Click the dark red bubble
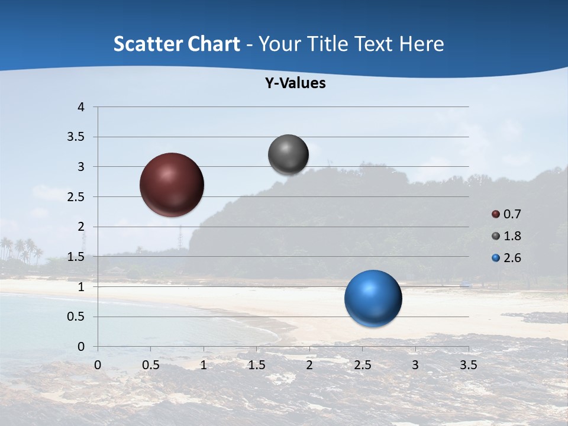pos(172,185)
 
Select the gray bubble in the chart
pos(289,155)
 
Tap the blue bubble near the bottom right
pos(373,298)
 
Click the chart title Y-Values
pos(295,83)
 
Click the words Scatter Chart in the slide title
pos(177,44)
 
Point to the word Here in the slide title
pos(421,44)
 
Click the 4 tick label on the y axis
pos(81,107)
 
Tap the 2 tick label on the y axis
pos(81,227)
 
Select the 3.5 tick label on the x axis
pos(468,365)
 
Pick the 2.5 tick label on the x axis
pos(362,365)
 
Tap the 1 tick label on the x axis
pos(204,365)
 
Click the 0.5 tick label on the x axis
pos(150,365)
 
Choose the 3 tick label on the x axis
pos(415,365)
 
